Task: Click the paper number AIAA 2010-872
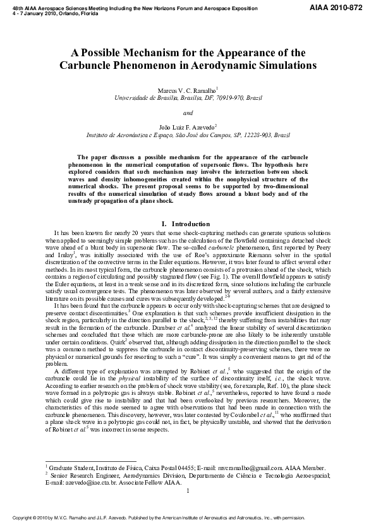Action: coord(345,7)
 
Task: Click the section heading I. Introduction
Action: coord(188,224)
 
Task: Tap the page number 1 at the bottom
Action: coord(188,490)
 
